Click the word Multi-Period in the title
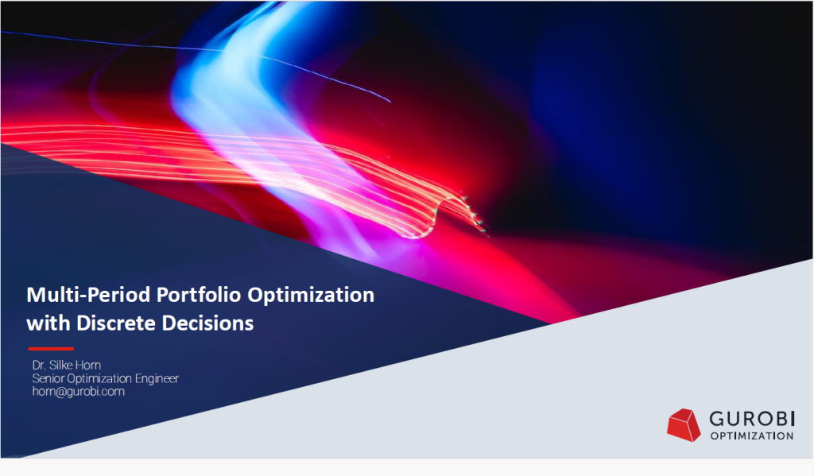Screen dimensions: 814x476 (89, 295)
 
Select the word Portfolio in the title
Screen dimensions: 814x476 (199, 295)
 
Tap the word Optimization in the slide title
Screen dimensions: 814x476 (311, 296)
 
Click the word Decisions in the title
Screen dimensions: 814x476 (207, 323)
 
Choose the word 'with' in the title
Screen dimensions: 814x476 (48, 323)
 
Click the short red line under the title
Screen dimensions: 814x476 (51, 349)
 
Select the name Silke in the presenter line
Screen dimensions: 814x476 (60, 365)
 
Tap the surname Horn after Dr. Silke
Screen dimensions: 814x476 (87, 365)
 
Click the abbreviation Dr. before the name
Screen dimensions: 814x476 (39, 365)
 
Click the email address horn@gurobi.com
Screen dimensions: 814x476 (79, 392)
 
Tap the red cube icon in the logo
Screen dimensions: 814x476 (684, 425)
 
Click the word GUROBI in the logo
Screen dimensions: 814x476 (752, 418)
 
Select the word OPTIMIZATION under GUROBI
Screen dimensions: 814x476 (752, 436)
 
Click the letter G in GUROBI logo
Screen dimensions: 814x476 (717, 418)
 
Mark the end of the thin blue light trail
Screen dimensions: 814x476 (390, 101)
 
